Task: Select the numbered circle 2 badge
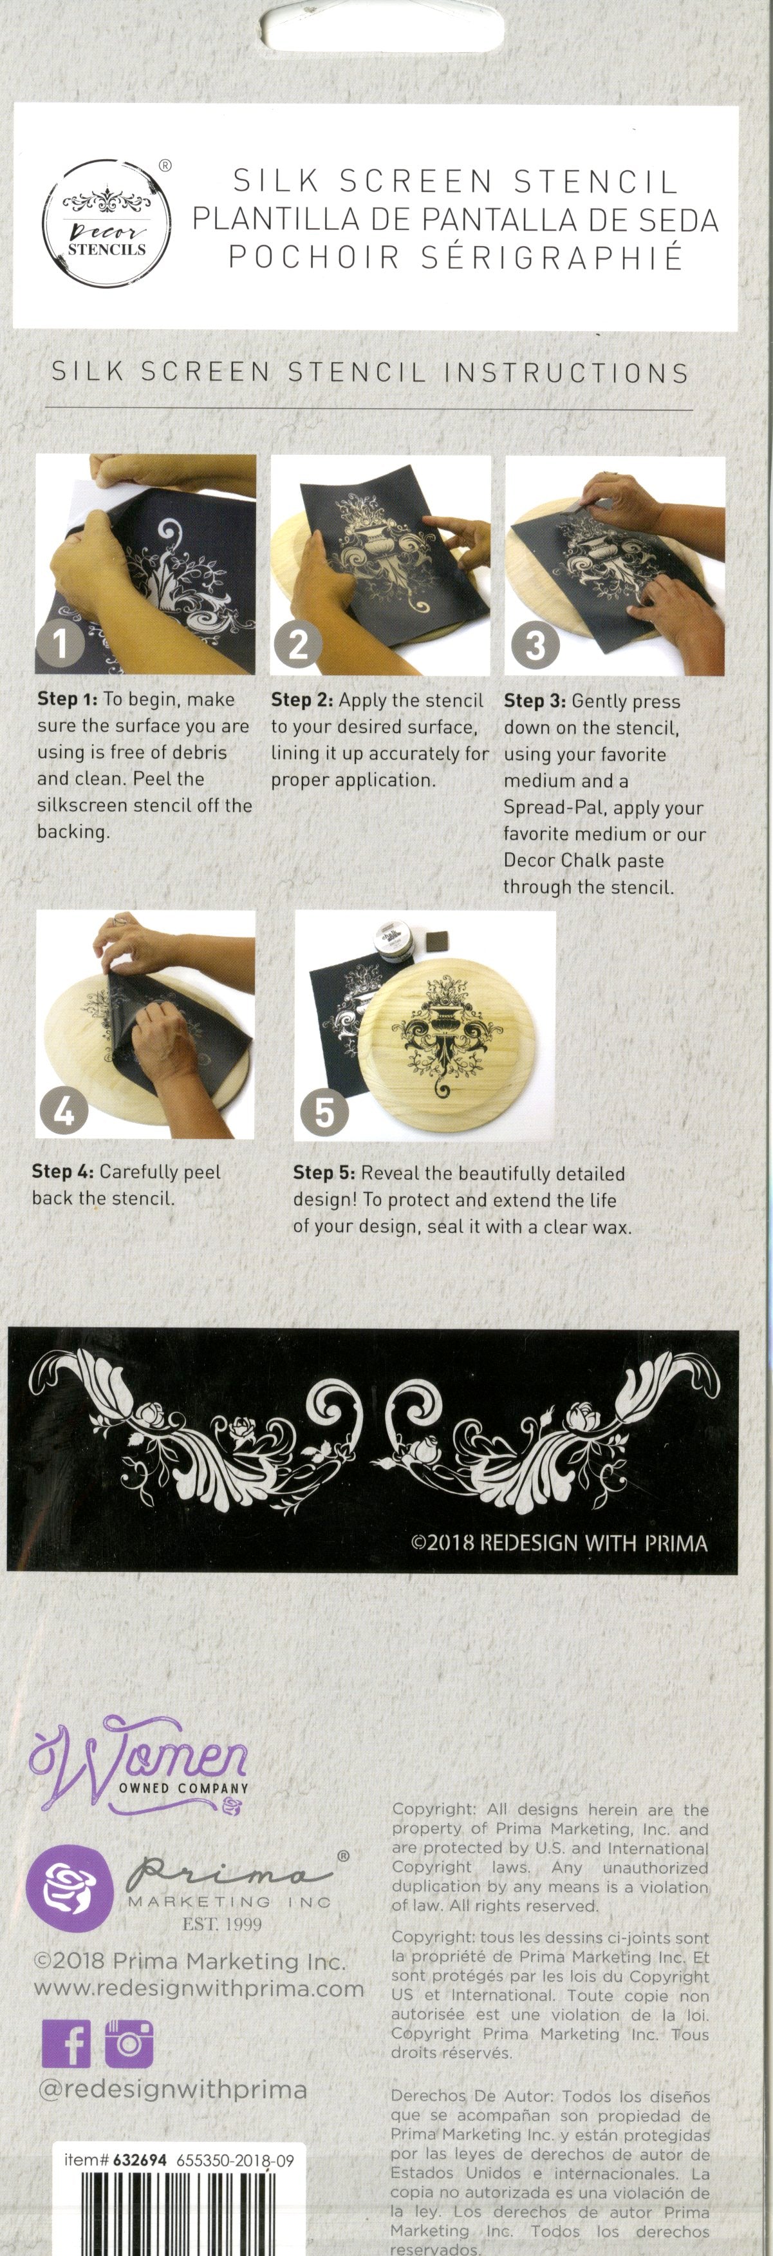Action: click(297, 645)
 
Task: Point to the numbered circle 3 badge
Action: click(535, 646)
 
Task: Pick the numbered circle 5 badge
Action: click(324, 1113)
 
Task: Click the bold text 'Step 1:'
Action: click(68, 699)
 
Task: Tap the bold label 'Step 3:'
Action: click(535, 701)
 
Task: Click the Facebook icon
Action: click(66, 2043)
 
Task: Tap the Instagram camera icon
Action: click(129, 2043)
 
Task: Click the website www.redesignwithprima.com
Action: click(199, 1989)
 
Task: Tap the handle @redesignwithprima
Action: click(172, 2090)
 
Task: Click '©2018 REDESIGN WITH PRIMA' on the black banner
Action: click(559, 1542)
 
